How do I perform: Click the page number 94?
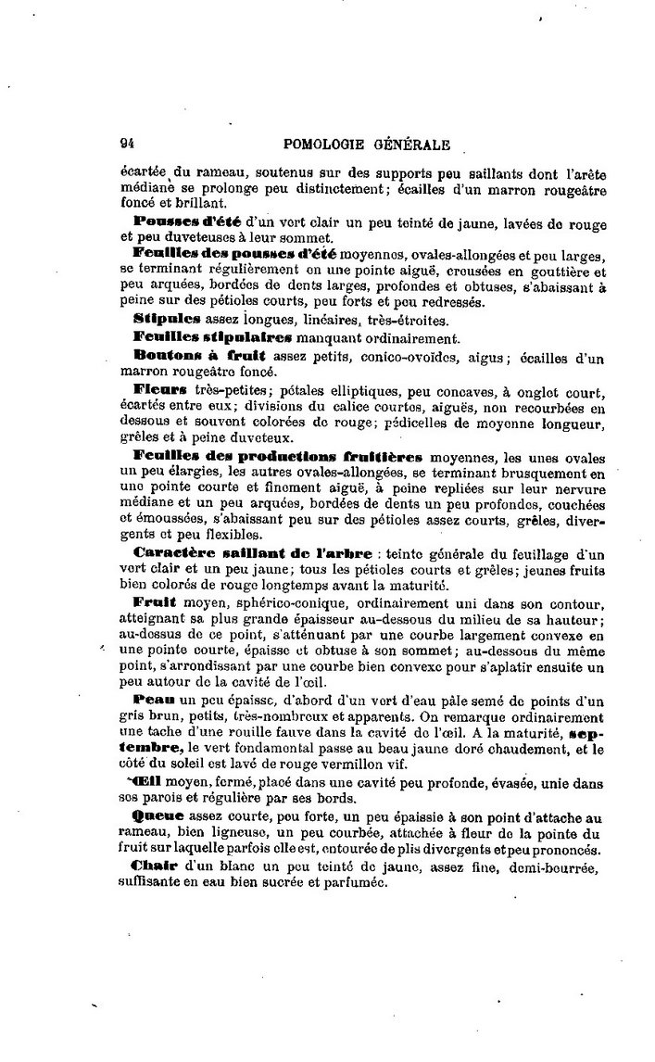[x=128, y=144]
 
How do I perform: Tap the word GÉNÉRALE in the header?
[x=411, y=144]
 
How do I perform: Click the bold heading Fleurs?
[x=160, y=388]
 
